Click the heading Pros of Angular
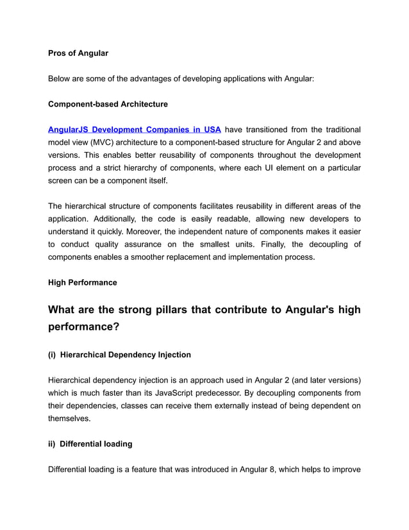point(78,53)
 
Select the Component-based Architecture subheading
point(108,104)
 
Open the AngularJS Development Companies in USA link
point(135,130)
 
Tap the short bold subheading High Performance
point(83,282)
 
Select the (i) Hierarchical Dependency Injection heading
point(119,354)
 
